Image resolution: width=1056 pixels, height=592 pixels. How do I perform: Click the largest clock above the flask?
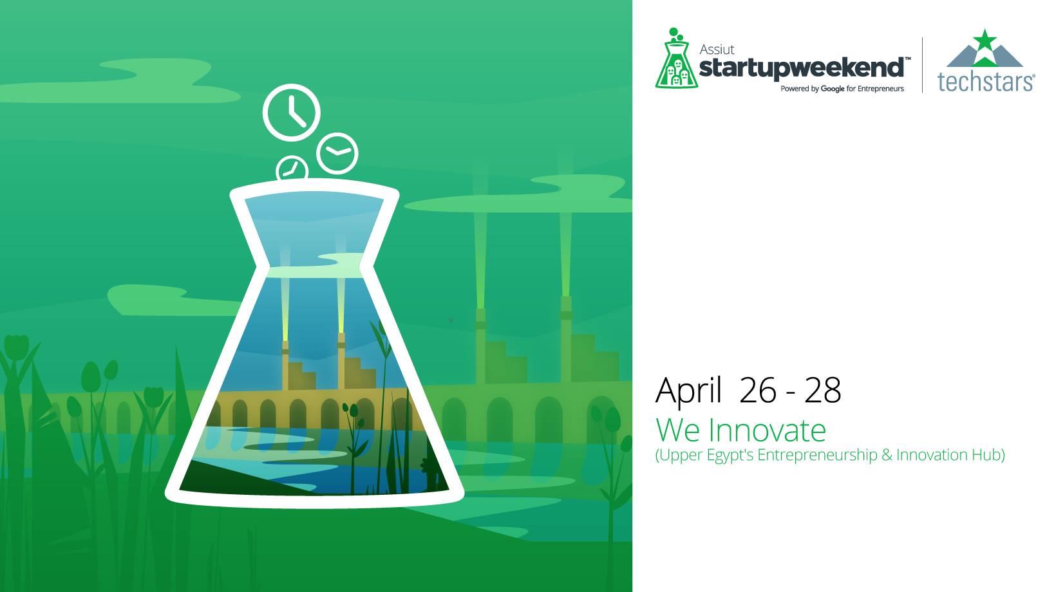pyautogui.click(x=291, y=113)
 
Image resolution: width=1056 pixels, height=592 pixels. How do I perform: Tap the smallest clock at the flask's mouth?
pyautogui.click(x=292, y=168)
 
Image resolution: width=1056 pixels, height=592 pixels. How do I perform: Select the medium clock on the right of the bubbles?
pyautogui.click(x=337, y=153)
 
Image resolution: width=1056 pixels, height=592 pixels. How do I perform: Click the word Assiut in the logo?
pyautogui.click(x=717, y=50)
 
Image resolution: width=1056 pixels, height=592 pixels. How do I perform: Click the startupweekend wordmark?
pyautogui.click(x=802, y=68)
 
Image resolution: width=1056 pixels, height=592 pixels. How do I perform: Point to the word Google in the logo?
pyautogui.click(x=832, y=89)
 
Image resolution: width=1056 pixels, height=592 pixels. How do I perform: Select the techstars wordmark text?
pyautogui.click(x=985, y=82)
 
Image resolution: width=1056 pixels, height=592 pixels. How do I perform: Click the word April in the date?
pyautogui.click(x=688, y=391)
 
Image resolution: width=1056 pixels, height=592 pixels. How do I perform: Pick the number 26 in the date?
pyautogui.click(x=758, y=391)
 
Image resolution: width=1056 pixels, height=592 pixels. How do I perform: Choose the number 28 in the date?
pyautogui.click(x=822, y=391)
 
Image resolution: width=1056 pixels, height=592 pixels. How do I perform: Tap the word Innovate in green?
pyautogui.click(x=767, y=430)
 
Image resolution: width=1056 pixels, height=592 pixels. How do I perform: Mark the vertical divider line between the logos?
pyautogui.click(x=922, y=64)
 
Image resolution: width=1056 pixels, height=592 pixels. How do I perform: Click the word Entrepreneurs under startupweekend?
pyautogui.click(x=881, y=89)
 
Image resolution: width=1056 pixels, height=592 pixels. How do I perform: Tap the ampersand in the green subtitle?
pyautogui.click(x=887, y=455)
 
